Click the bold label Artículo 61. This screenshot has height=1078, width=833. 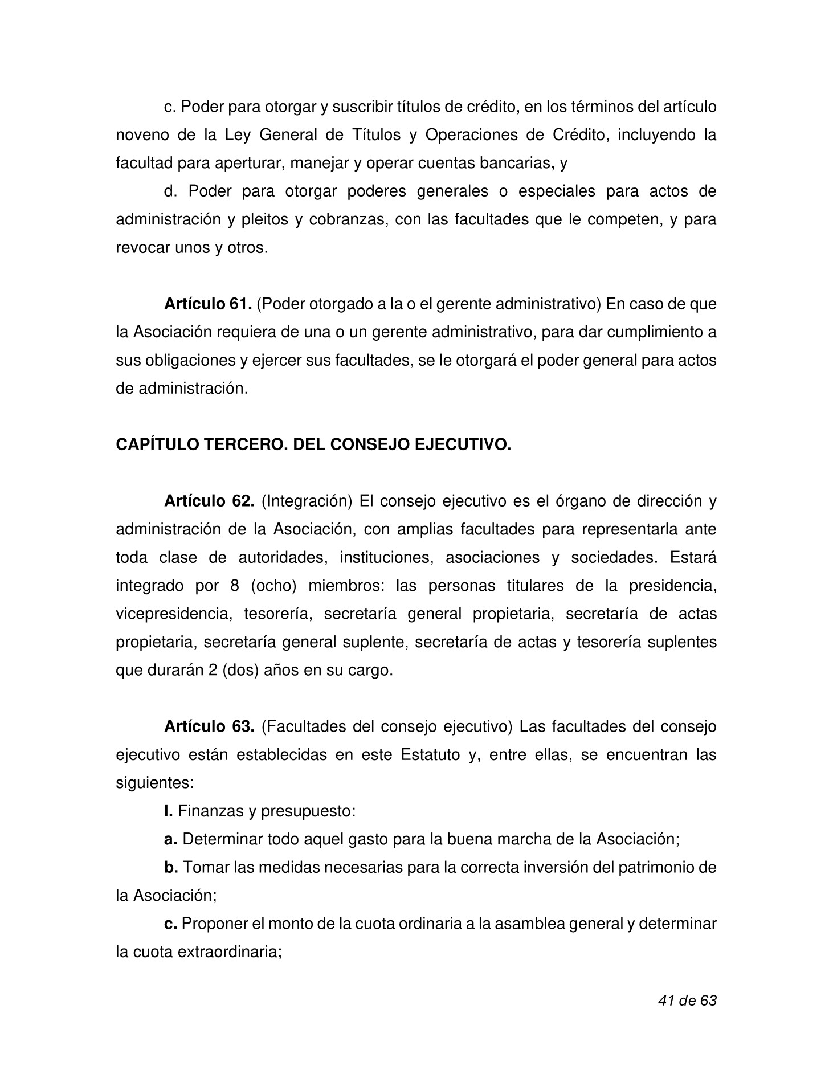[x=208, y=304]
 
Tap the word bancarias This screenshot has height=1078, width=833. [x=516, y=164]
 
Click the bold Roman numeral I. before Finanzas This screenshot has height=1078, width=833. [x=168, y=811]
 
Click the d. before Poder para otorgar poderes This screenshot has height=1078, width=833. [x=169, y=191]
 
